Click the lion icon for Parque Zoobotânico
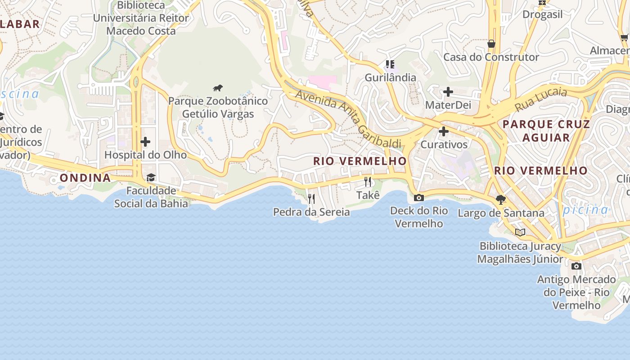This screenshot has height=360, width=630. click(218, 88)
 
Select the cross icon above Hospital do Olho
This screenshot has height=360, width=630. click(145, 142)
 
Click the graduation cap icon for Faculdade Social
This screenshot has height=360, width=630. click(151, 178)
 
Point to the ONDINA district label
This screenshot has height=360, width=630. click(85, 178)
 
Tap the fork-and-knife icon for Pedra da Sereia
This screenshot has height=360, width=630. click(311, 198)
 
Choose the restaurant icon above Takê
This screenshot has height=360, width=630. click(368, 182)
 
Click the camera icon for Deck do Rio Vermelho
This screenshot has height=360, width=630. click(418, 198)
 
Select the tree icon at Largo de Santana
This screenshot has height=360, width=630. click(500, 199)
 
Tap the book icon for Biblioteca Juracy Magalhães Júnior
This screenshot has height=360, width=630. click(520, 233)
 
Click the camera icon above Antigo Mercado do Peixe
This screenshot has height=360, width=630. click(576, 266)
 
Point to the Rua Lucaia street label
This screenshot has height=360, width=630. click(541, 99)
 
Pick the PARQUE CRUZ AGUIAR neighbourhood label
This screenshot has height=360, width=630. click(546, 130)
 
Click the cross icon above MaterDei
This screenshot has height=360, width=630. click(448, 92)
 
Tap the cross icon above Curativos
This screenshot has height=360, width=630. click(444, 131)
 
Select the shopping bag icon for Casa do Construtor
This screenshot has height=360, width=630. click(491, 44)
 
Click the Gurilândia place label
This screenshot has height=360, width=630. click(390, 77)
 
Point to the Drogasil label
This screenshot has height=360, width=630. click(542, 14)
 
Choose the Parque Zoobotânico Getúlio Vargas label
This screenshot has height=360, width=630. click(218, 108)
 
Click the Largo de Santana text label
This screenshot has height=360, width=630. click(501, 213)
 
